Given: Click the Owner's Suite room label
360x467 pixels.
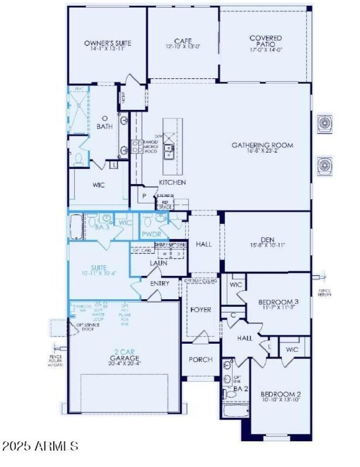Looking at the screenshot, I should (x=108, y=43).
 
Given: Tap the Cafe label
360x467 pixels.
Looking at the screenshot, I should (x=183, y=41).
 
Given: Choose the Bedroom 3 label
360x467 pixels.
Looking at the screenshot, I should (x=278, y=302).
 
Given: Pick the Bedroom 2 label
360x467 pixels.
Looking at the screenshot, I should (x=280, y=395).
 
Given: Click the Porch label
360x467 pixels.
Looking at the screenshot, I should (x=200, y=359).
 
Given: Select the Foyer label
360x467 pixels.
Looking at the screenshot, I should (x=201, y=310).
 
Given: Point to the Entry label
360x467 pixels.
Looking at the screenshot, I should (x=160, y=283).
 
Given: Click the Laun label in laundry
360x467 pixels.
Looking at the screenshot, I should (x=158, y=263).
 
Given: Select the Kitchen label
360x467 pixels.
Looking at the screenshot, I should (x=172, y=183).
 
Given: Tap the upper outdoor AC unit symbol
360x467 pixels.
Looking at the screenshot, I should (x=324, y=123).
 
